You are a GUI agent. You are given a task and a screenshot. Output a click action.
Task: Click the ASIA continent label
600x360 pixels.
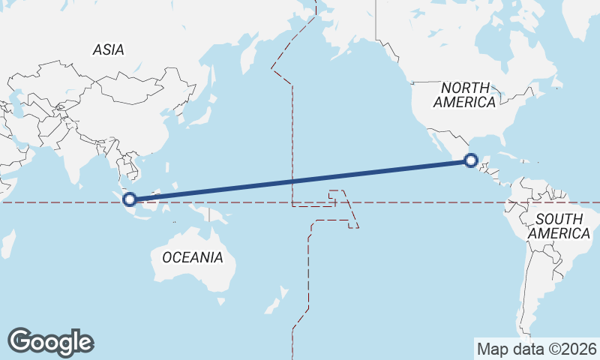pyautogui.click(x=108, y=50)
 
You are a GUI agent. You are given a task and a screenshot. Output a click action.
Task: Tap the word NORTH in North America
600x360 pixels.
pyautogui.click(x=465, y=88)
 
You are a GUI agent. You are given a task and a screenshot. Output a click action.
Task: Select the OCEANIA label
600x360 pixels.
pyautogui.click(x=193, y=257)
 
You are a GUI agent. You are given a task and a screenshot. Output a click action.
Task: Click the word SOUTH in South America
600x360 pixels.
pyautogui.click(x=559, y=219)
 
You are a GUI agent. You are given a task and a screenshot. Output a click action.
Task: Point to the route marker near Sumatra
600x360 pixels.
pyautogui.click(x=130, y=199)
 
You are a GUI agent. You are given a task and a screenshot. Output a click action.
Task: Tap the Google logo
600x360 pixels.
pyautogui.click(x=50, y=342)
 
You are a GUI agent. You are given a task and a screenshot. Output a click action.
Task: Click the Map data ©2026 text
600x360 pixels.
pyautogui.click(x=537, y=349)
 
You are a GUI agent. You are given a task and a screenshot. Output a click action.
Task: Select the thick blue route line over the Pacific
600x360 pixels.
pyautogui.click(x=300, y=180)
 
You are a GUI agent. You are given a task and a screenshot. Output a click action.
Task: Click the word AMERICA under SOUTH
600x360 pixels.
pyautogui.click(x=559, y=233)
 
